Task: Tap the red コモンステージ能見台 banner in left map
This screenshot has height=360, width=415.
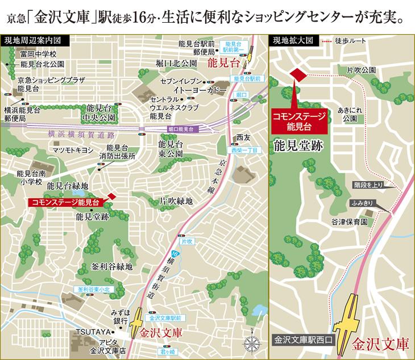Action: coord(67,202)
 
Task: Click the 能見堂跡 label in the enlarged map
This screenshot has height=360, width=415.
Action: coord(298,145)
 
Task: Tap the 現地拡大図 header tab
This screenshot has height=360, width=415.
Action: coord(293,41)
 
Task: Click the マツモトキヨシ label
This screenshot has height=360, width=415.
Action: coord(72,150)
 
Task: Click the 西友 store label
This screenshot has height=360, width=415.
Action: coord(243,137)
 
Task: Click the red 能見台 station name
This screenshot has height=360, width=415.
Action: coord(223,63)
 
